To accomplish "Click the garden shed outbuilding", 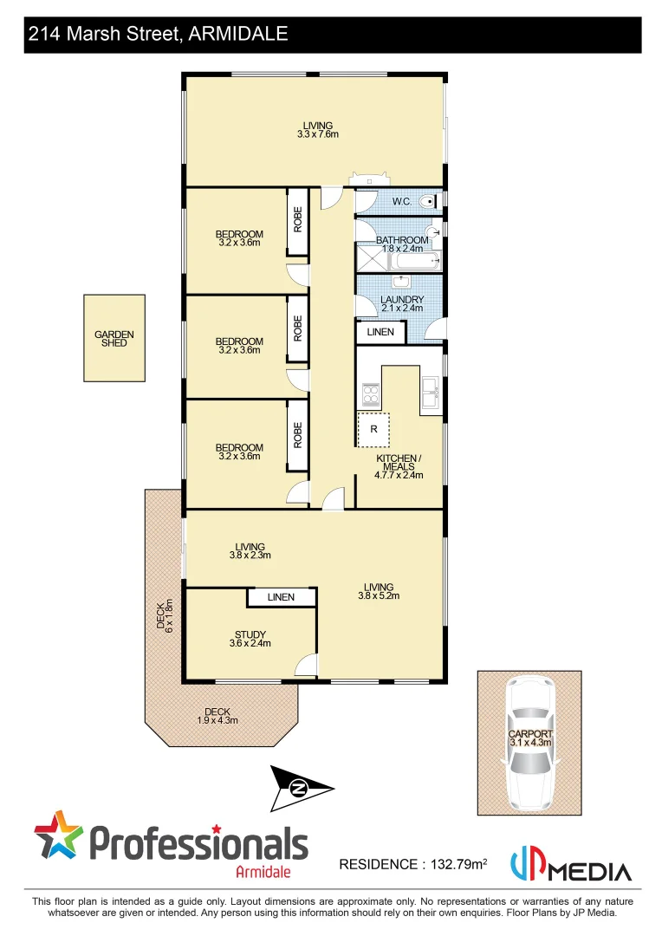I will tap(114, 338).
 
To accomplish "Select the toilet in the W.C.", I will tap(427, 202).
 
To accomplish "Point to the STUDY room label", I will tap(250, 639).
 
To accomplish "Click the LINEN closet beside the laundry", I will tap(380, 332).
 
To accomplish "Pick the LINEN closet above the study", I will tap(281, 597).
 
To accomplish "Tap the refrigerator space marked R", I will tap(373, 429).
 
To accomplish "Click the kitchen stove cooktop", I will tap(371, 395).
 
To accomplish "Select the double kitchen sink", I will tap(430, 393).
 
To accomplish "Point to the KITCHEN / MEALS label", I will tap(399, 465).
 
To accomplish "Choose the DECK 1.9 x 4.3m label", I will tap(217, 716).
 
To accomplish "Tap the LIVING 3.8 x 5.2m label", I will tap(380, 591).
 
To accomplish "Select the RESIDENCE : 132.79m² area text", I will tap(412, 864).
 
